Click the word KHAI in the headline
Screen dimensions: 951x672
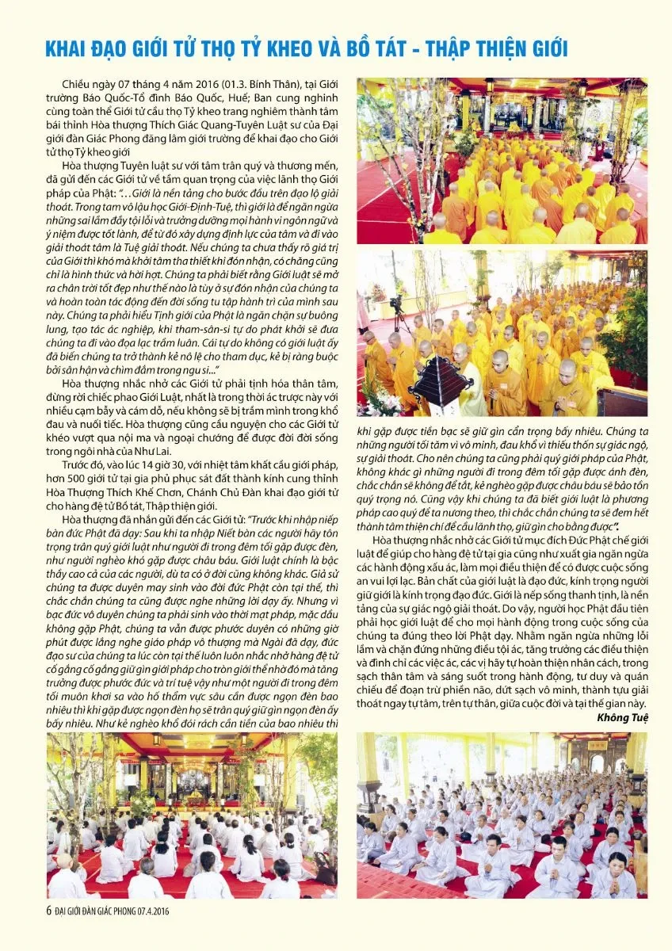(44, 49)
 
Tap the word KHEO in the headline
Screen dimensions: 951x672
(308, 49)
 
